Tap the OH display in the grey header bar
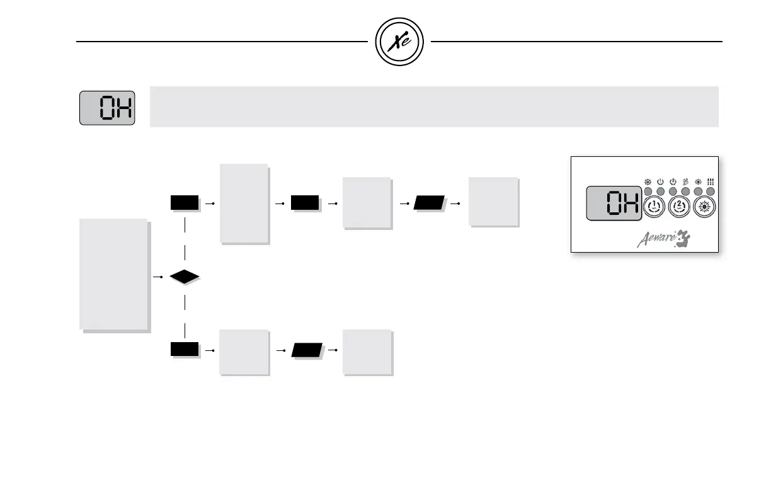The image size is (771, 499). [107, 108]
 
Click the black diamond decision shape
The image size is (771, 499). [184, 277]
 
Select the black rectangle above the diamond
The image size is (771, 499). [185, 203]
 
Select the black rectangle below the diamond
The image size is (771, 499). [185, 350]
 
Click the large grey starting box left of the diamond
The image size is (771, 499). [113, 274]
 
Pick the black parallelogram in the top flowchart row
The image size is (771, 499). [430, 203]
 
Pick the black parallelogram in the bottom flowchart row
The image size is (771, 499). [307, 350]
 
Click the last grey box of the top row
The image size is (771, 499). [493, 202]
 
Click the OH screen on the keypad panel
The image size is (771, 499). [613, 204]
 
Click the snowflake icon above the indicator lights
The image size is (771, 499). [648, 181]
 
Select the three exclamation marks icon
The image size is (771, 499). [710, 181]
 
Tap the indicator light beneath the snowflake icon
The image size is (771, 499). [648, 191]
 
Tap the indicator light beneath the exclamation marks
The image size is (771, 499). [710, 191]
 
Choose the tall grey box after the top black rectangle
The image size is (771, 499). [244, 203]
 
